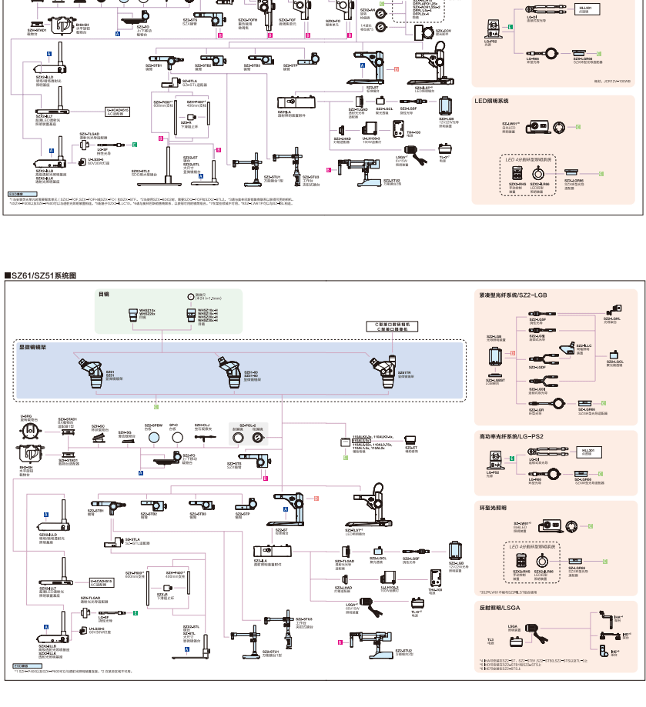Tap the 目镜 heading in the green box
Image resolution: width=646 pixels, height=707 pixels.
tap(103, 294)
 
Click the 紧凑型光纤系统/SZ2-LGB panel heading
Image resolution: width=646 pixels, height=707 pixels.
tap(513, 295)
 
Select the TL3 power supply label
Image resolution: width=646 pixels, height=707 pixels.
tap(490, 639)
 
